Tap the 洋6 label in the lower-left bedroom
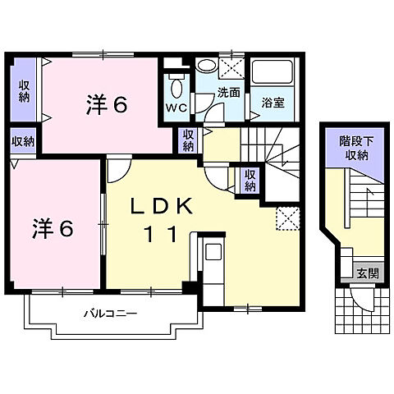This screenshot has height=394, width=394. coord(53,228)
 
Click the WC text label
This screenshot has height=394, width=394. coord(175,108)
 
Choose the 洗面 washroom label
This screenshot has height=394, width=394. coord(228,93)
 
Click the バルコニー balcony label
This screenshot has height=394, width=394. coord(110,313)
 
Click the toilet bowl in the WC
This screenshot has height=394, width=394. coord(175,86)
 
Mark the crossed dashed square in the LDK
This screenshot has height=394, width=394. coord(286,217)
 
